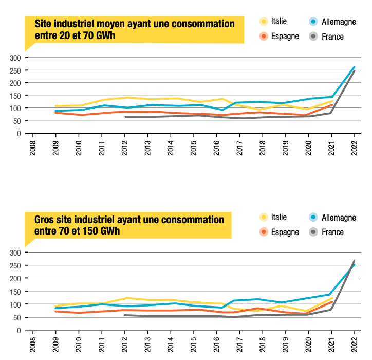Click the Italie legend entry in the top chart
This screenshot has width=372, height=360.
[x=274, y=22]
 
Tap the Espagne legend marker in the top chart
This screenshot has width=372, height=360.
[x=264, y=37]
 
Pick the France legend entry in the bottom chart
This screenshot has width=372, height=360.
[x=327, y=232]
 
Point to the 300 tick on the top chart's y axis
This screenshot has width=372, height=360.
[x=15, y=58]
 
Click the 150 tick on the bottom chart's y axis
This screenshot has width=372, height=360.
[x=15, y=292]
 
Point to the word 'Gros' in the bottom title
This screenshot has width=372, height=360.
[x=45, y=220]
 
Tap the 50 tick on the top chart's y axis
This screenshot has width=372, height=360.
[x=17, y=121]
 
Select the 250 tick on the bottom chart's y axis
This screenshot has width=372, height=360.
[x=15, y=265]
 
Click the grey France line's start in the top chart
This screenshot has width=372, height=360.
[x=125, y=117]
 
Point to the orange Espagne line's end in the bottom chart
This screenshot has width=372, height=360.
[x=332, y=301]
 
